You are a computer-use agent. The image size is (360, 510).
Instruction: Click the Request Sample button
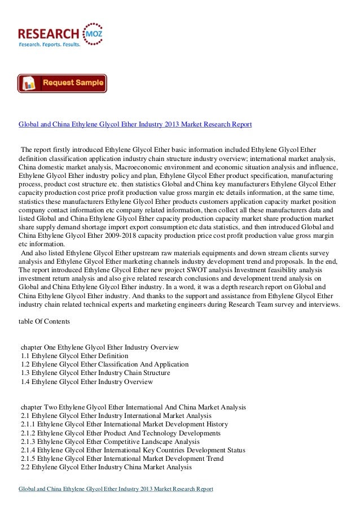pos(62,83)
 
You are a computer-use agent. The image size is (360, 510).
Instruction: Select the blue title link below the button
pos(135,123)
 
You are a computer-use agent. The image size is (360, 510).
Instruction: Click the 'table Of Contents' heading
pos(45,321)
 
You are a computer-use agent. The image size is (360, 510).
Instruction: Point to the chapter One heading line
pos(99,346)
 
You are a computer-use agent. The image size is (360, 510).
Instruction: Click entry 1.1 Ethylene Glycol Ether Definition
pos(74,355)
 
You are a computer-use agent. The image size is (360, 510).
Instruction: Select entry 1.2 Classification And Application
pos(104,364)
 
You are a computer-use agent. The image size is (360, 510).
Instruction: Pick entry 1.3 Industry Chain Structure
pos(95,373)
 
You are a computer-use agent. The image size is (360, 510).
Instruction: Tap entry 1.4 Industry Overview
pos(86,382)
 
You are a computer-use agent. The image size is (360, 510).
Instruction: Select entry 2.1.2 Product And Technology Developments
pos(120,433)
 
